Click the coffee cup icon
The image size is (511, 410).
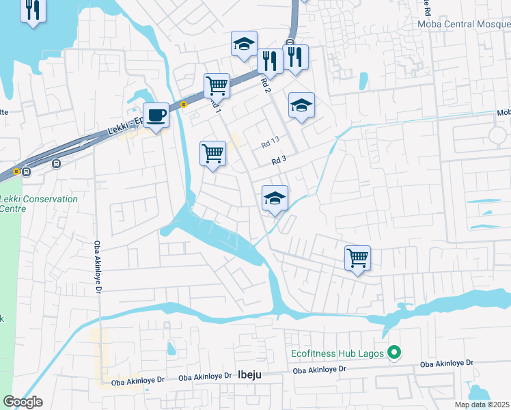click(x=156, y=115)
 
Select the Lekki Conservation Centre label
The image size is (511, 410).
click(x=39, y=203)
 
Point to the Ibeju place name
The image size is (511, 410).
click(x=250, y=374)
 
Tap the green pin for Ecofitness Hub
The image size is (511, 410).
click(x=394, y=353)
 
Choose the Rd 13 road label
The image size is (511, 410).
click(x=271, y=144)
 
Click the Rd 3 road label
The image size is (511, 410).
click(x=277, y=161)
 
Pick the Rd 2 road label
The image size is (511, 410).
click(x=266, y=85)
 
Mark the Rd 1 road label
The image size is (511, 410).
click(x=215, y=105)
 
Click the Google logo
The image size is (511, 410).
click(x=23, y=402)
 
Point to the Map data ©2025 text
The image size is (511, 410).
click(x=482, y=405)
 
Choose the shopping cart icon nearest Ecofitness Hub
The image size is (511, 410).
click(x=357, y=258)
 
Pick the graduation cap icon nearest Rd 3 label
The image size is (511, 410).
click(x=275, y=198)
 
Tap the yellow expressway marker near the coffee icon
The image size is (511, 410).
click(x=184, y=105)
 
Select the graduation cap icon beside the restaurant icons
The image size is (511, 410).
click(x=244, y=44)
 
